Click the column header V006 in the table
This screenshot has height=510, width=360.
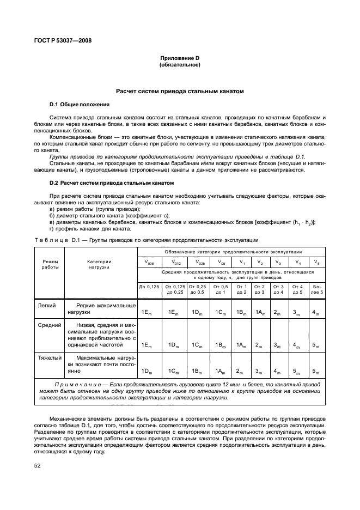click(x=149, y=262)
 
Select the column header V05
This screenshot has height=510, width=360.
click(x=221, y=262)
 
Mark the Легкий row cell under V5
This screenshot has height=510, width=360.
click(x=317, y=313)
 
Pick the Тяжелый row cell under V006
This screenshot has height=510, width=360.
click(x=147, y=371)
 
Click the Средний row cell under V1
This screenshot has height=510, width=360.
click(x=240, y=345)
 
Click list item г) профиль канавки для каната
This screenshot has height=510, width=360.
click(x=90, y=229)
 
